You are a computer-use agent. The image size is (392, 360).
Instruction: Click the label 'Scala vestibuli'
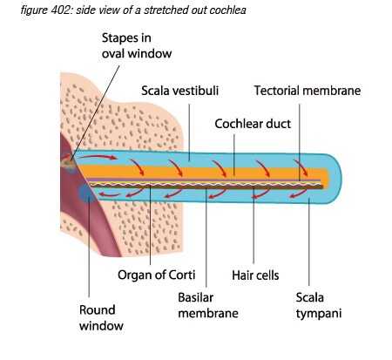tap(180, 91)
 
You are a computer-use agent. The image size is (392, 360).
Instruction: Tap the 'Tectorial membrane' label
tap(308, 91)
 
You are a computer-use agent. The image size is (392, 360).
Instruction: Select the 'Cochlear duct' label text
tap(253, 124)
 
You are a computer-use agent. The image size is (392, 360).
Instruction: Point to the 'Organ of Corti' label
tap(157, 275)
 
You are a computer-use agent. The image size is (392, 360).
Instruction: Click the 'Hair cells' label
tap(255, 275)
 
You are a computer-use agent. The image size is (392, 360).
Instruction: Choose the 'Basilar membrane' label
tap(208, 305)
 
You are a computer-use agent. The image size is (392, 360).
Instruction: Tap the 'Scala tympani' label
tap(319, 306)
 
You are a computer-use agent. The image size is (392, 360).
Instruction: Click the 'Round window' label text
tap(101, 318)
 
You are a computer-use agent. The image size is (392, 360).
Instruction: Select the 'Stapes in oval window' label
tap(137, 46)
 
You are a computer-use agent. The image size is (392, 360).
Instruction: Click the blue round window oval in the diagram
tap(86, 193)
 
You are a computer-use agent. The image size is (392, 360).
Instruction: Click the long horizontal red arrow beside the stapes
tap(98, 157)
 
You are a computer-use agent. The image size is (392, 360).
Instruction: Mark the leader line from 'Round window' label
tap(89, 247)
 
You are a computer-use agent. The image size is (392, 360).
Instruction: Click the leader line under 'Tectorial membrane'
tap(300, 142)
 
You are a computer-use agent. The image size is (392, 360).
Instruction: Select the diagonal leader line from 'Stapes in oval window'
tap(95, 112)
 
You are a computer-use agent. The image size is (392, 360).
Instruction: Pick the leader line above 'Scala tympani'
tap(309, 241)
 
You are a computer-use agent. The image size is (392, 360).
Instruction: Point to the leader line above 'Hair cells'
tap(253, 225)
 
